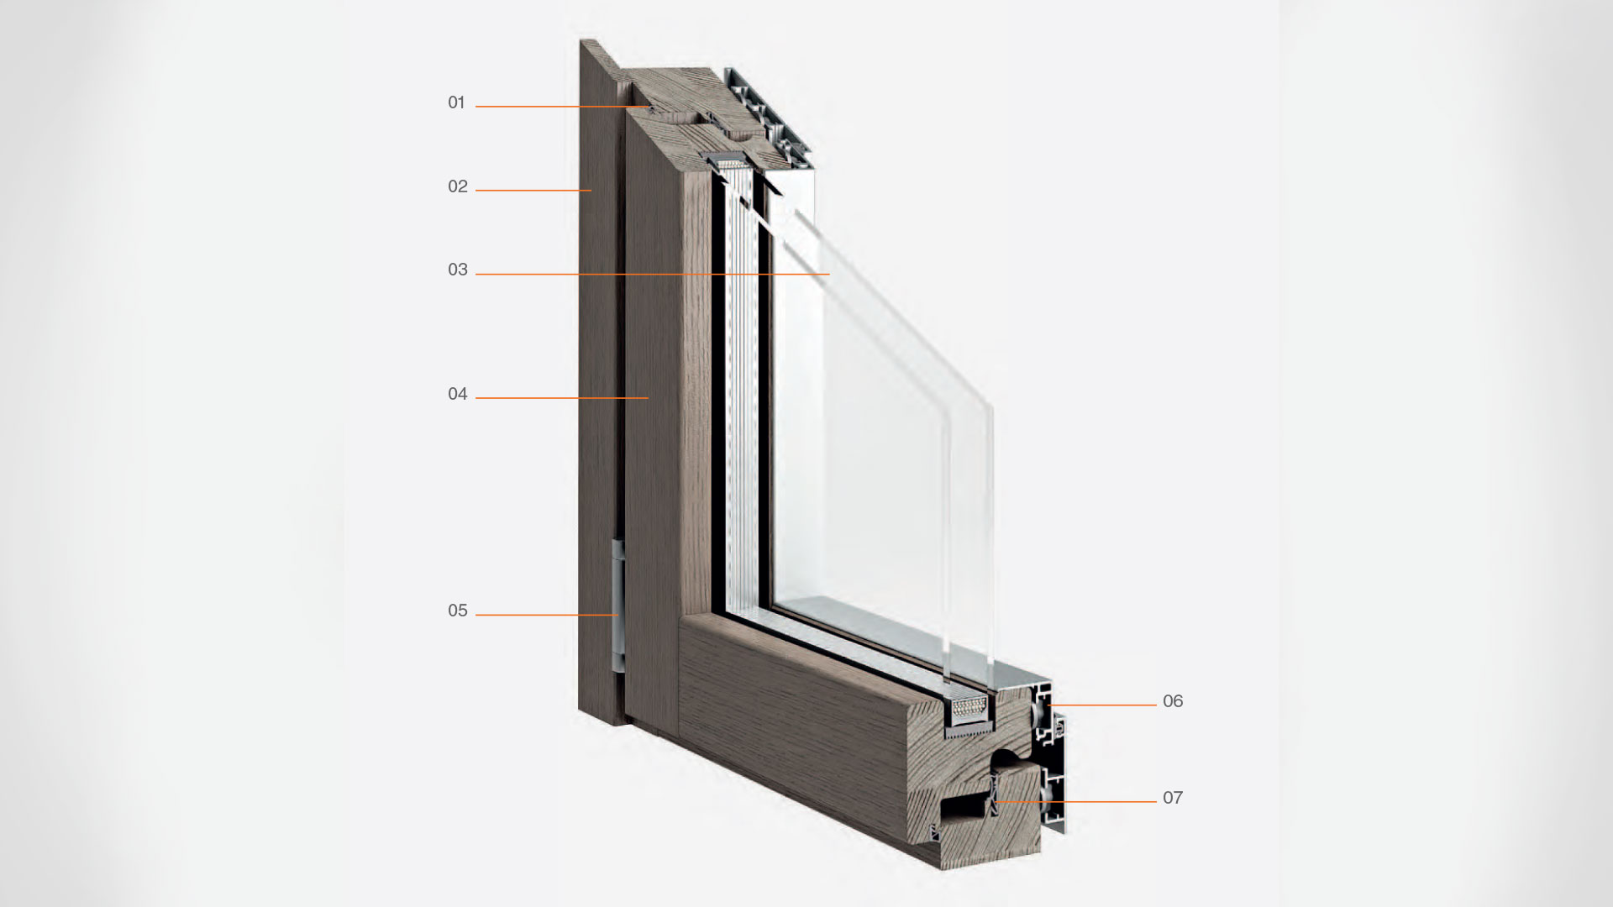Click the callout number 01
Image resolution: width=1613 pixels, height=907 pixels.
click(456, 102)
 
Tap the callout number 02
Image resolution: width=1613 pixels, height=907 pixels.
click(458, 186)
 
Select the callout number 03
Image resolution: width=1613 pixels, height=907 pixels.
click(458, 270)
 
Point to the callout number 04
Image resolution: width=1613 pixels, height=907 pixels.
click(458, 394)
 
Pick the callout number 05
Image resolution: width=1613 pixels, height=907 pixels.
click(458, 611)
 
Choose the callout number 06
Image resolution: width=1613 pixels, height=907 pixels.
click(1173, 701)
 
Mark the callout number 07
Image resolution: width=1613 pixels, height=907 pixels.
click(1173, 798)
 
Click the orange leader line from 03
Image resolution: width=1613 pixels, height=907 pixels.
click(653, 275)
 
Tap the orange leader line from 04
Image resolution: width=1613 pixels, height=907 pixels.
click(562, 398)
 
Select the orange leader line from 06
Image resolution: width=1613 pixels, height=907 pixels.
click(1102, 705)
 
